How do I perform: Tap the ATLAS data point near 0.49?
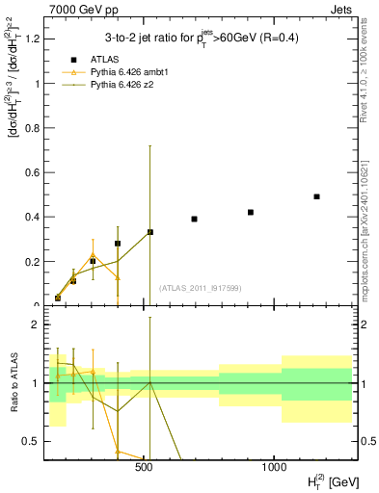click(x=316, y=196)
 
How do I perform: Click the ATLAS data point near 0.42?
click(x=251, y=212)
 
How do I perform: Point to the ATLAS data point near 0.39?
click(x=194, y=219)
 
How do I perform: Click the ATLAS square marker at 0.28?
click(x=118, y=244)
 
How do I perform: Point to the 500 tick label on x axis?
click(x=144, y=467)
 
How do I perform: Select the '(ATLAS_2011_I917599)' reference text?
click(x=201, y=289)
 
